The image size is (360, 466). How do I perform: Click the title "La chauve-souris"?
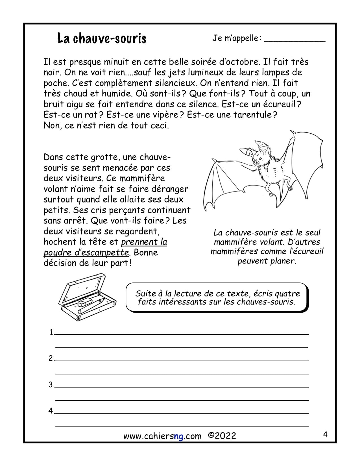coord(102,38)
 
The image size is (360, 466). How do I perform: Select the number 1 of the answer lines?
coord(52,332)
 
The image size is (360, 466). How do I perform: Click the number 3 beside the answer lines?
coord(51,385)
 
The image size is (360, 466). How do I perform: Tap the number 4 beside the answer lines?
coord(51,411)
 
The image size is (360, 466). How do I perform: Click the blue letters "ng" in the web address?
coord(178,436)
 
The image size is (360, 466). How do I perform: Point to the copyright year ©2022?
coord(222,436)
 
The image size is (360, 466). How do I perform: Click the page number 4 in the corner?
coord(325,434)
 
